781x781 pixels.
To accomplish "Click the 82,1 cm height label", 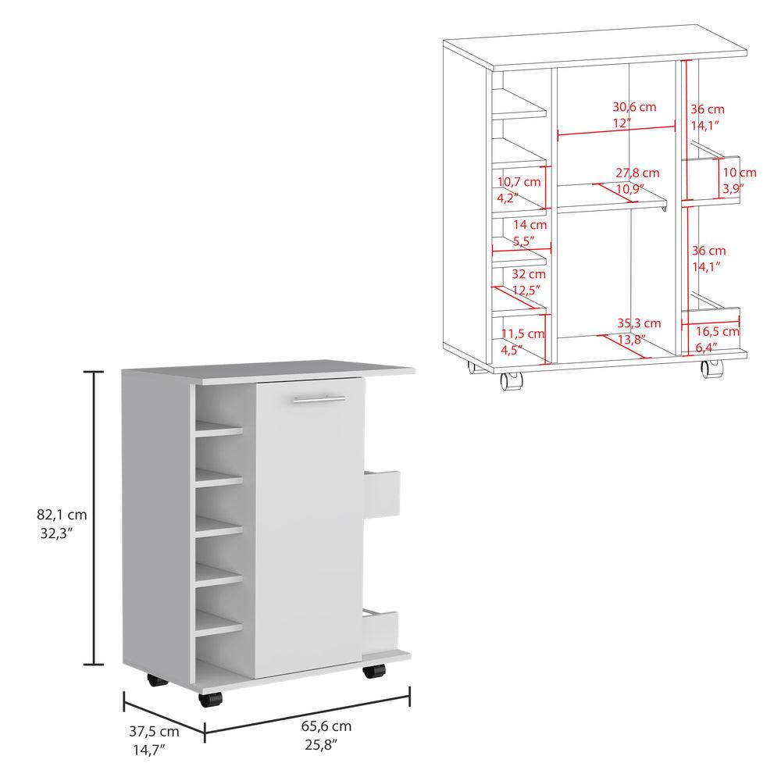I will click(61, 515).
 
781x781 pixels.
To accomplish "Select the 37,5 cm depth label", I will click(154, 732).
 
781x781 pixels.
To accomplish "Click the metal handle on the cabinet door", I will click(319, 400).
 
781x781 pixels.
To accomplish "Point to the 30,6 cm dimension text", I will click(635, 106).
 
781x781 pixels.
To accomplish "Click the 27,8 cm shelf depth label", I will click(637, 172).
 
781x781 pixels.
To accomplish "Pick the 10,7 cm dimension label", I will click(519, 181).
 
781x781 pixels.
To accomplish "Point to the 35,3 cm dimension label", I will click(639, 323).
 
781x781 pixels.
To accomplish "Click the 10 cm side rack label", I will click(738, 173).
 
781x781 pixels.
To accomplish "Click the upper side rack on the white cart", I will click(382, 494).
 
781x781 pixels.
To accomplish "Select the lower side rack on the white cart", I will click(381, 629).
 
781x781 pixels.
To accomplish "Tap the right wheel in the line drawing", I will click(709, 369).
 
